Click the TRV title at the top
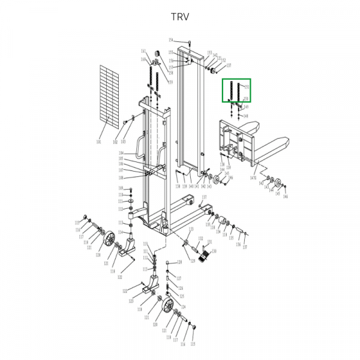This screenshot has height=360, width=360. coord(180,16)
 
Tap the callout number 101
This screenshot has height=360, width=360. coord(99,142)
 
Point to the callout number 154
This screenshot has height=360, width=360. coord(170,40)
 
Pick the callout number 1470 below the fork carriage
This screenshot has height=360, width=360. coord(253,178)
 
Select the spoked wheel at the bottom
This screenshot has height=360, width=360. coord(169,308)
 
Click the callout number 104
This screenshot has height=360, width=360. coord(121,154)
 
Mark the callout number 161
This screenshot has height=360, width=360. coord(143,51)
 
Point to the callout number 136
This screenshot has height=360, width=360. coord(238,244)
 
